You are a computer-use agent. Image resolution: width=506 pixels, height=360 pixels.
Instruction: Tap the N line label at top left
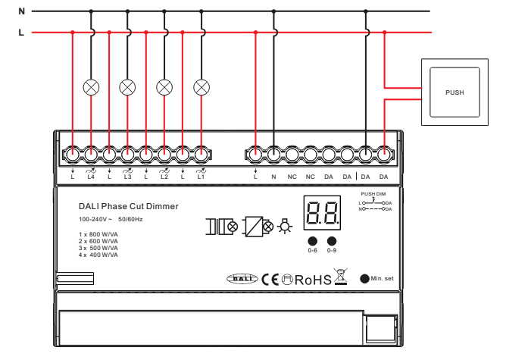(x=21, y=12)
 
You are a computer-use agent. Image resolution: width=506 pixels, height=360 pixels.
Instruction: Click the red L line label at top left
(x=21, y=33)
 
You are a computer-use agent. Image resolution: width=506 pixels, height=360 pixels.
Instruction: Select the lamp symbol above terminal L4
(x=91, y=86)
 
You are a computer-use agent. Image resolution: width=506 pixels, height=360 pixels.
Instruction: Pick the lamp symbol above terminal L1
(x=201, y=86)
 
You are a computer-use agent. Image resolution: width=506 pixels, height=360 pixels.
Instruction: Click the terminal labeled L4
(x=91, y=155)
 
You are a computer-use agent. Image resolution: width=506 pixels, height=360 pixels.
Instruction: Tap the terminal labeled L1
(x=201, y=155)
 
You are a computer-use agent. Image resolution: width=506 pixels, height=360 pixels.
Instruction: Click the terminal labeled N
(x=274, y=155)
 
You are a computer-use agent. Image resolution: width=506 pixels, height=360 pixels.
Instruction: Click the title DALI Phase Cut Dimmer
(x=129, y=205)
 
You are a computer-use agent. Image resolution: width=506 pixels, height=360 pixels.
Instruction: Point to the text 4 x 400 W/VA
(x=98, y=256)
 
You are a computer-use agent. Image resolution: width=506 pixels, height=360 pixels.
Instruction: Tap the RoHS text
(x=313, y=280)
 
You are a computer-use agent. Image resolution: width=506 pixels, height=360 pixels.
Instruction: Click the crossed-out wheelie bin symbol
(x=341, y=277)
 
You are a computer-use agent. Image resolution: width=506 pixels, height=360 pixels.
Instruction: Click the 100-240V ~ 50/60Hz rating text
(x=111, y=219)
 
